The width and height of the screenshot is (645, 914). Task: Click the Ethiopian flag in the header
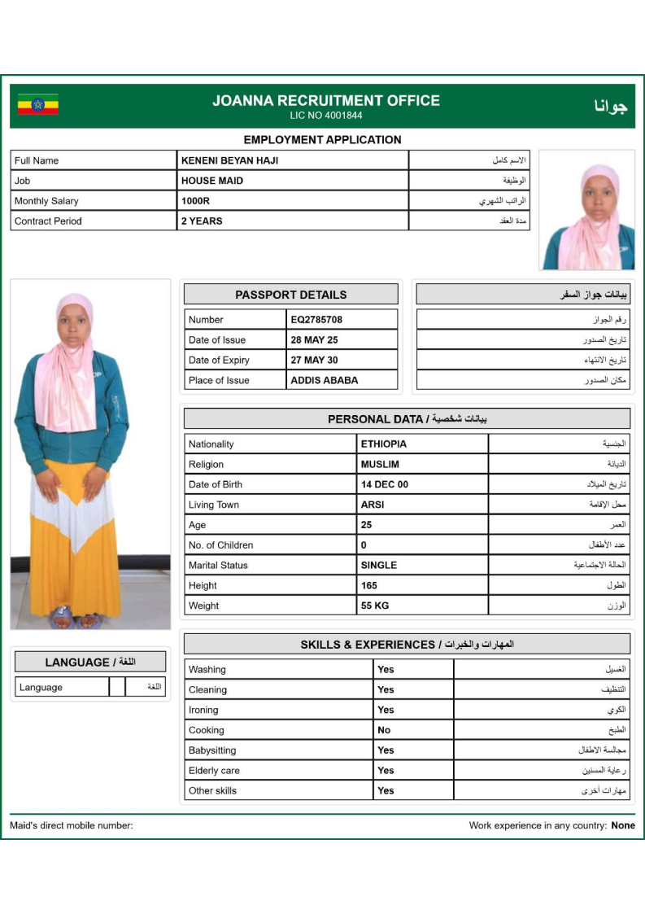38,105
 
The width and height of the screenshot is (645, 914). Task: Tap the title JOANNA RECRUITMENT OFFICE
326,101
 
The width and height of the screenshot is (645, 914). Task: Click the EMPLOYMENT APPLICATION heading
322,140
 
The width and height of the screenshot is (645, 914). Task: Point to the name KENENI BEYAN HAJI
229,160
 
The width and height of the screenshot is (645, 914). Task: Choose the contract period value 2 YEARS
202,221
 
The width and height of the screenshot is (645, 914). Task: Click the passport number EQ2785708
316,320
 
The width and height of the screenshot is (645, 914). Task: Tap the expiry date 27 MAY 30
314,360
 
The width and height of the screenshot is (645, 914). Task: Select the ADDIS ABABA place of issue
324,380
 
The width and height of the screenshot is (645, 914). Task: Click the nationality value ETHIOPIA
384,444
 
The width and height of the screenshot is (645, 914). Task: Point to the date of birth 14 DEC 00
385,484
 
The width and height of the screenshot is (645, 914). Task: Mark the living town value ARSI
373,505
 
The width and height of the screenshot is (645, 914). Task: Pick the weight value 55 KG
375,606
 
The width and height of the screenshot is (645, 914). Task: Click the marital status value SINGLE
379,565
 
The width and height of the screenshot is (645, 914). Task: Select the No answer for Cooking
384,730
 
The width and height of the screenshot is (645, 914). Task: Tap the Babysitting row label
212,750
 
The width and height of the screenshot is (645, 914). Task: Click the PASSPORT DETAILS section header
290,295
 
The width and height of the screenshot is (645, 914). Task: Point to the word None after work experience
623,825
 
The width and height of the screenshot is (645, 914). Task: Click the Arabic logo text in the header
605,106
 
